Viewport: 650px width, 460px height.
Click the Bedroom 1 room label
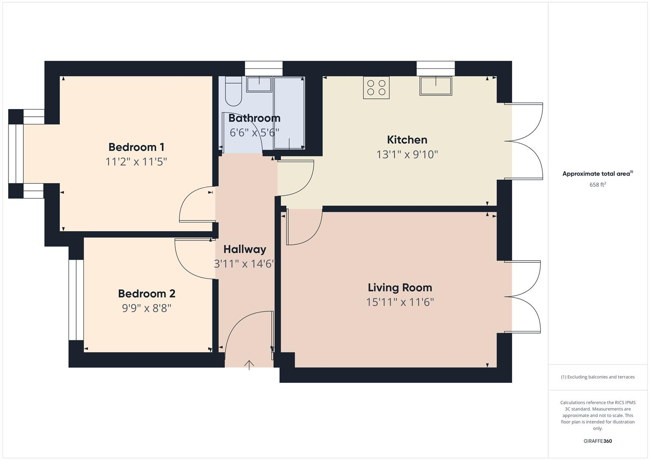point(136,147)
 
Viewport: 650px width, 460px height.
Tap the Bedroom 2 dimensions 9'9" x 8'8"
point(146,308)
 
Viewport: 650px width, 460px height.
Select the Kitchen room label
point(407,140)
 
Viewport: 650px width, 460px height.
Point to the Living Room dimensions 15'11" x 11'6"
point(400,302)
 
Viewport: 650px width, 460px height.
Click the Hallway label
point(244,249)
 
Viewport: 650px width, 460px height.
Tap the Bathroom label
point(254,118)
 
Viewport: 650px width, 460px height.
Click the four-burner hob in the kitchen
point(376,87)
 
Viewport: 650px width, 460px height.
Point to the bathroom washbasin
point(259,84)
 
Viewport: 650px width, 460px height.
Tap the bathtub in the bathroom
point(289,113)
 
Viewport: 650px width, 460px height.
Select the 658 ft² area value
point(597,185)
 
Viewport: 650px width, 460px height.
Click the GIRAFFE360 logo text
point(597,441)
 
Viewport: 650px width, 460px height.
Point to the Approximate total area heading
point(597,174)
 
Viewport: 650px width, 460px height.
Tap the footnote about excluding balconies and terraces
point(597,377)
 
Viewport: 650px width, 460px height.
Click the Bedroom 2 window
point(76,300)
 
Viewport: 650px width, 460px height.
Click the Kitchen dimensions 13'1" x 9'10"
point(407,155)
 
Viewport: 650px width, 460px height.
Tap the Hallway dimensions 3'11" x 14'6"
point(244,264)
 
